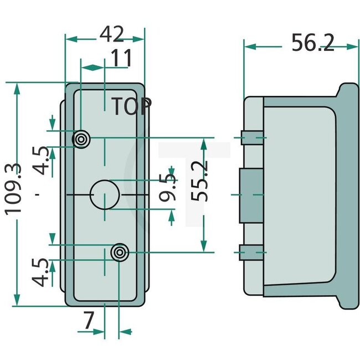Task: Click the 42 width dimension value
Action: coord(111,34)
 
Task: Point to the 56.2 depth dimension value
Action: coord(313,42)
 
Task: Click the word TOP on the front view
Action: coord(131,107)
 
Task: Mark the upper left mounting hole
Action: coord(81,138)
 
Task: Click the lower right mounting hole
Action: coord(119,253)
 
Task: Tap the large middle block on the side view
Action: coord(251,195)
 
